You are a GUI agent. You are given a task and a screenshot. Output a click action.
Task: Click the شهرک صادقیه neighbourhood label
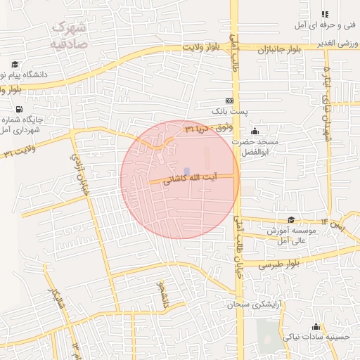pyautogui.click(x=68, y=35)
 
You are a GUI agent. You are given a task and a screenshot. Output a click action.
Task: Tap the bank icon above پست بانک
pyautogui.click(x=229, y=101)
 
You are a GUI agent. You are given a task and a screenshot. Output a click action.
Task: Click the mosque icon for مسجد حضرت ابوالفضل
pyautogui.click(x=255, y=131)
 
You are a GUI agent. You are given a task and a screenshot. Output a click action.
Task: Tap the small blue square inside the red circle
pyautogui.click(x=186, y=171)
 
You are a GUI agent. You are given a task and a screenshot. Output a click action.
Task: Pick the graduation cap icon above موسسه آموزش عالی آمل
pyautogui.click(x=291, y=220)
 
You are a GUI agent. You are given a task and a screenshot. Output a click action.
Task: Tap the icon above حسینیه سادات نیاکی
pyautogui.click(x=316, y=326)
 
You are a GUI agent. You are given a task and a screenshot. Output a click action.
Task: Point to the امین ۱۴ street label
pyautogui.click(x=335, y=222)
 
